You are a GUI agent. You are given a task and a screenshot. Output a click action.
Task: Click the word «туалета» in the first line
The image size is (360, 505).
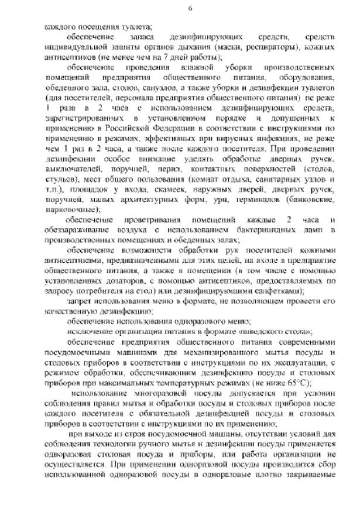tap(135, 26)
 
